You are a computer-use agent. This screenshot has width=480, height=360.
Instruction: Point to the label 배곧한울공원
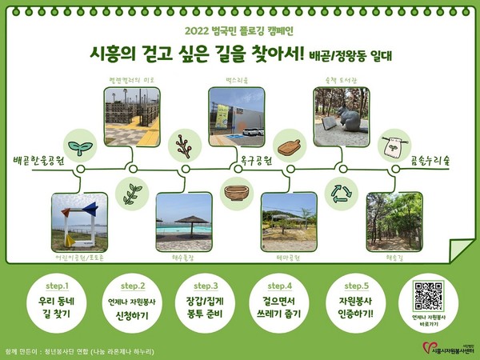38,160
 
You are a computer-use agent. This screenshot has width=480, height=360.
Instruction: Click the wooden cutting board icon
288,148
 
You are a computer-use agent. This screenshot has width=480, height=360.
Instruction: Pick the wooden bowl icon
237,193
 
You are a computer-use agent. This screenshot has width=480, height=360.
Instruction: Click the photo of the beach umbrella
183,218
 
